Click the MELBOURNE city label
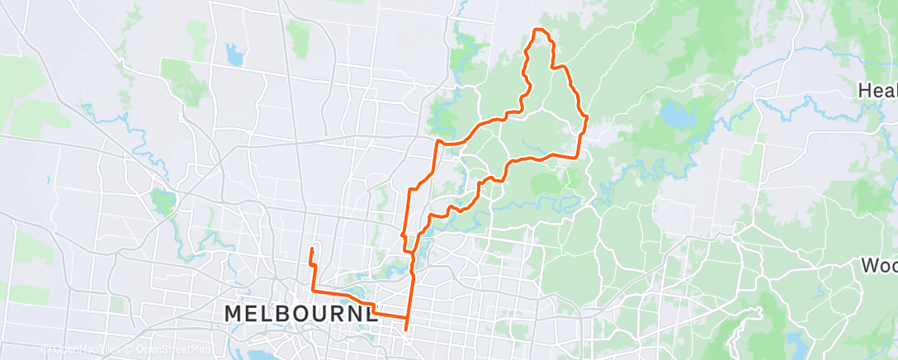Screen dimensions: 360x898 point(302,314)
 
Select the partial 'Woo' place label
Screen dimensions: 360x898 point(879,266)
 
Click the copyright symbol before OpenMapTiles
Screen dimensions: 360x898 point(46,350)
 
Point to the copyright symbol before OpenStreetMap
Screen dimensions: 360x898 point(121,350)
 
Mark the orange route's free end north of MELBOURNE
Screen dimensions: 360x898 point(311,249)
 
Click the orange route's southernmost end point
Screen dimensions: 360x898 point(406,329)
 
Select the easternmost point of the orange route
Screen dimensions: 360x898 point(585,118)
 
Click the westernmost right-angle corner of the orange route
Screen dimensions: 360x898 point(312,290)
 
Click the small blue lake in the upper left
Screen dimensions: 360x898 point(234,56)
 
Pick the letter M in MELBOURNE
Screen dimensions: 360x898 point(235,314)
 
